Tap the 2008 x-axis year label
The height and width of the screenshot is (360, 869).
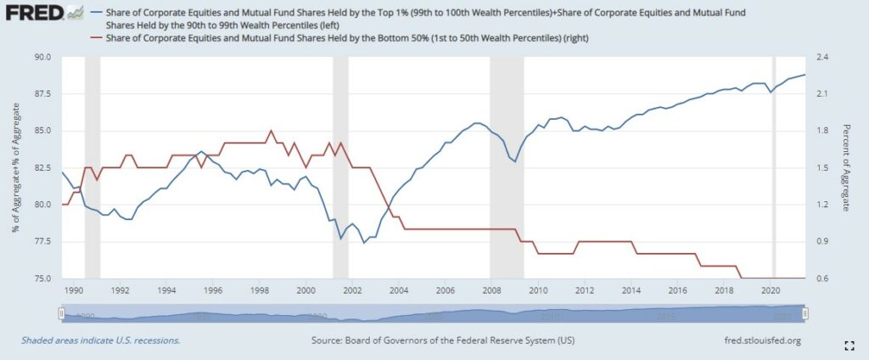(491, 290)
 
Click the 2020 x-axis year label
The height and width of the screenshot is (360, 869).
(771, 290)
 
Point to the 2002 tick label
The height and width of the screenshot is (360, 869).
(351, 290)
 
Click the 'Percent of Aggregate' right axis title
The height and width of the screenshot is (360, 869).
(846, 167)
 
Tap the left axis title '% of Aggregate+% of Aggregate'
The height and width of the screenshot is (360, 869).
(16, 167)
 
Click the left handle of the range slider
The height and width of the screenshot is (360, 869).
(61, 313)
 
